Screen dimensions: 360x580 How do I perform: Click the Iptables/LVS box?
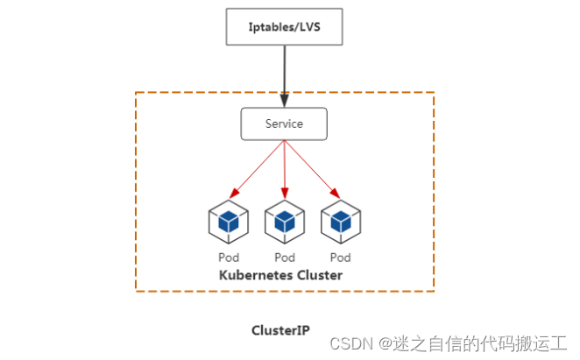pyautogui.click(x=284, y=26)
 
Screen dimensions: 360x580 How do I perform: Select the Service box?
pyautogui.click(x=284, y=124)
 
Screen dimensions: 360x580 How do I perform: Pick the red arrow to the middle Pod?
pyautogui.click(x=284, y=166)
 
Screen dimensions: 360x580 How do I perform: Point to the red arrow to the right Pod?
pyautogui.click(x=310, y=166)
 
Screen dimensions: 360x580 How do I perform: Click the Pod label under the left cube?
pyautogui.click(x=228, y=258)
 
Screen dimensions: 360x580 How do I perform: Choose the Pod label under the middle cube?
pyautogui.click(x=284, y=258)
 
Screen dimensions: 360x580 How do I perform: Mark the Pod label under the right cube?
pyautogui.click(x=340, y=258)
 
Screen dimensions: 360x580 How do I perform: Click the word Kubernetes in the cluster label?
pyautogui.click(x=254, y=275)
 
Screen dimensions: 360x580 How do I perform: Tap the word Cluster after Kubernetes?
pyautogui.click(x=319, y=275)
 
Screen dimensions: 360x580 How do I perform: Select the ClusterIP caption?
pyautogui.click(x=280, y=330)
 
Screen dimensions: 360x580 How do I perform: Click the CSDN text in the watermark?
pyautogui.click(x=348, y=342)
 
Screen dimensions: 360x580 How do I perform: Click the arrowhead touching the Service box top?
pyautogui.click(x=284, y=102)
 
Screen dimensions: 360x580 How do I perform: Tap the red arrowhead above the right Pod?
pyautogui.click(x=336, y=193)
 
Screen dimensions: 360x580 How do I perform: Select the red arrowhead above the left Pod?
pyautogui.click(x=232, y=193)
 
